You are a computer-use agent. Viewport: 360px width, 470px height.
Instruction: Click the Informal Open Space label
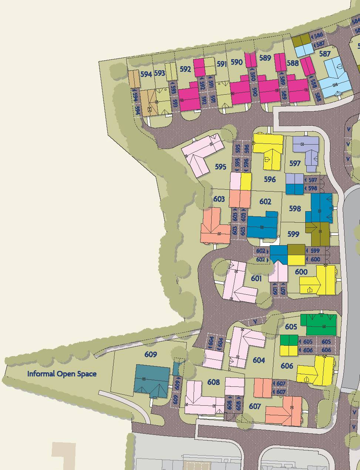point(62,374)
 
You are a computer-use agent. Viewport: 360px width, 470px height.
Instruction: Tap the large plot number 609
point(151,355)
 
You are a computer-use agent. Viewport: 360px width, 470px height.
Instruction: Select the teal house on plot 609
point(152,381)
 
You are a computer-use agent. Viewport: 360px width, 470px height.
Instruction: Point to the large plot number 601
point(256,278)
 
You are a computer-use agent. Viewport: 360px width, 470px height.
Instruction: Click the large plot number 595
point(221,167)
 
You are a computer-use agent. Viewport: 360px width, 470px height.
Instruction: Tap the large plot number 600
point(301,272)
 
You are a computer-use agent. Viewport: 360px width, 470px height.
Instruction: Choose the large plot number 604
point(259,360)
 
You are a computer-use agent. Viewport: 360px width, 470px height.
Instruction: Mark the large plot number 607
point(255,406)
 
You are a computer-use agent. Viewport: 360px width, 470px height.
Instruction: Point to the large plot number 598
point(295,209)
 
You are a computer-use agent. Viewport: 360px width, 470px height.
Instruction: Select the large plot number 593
point(159,73)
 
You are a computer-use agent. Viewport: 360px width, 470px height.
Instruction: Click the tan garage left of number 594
point(134,78)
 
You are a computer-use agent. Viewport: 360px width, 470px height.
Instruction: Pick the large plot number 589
point(265,58)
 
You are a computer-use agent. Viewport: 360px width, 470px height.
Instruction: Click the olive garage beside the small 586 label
point(301,40)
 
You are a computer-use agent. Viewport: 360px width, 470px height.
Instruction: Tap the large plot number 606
point(287,366)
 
